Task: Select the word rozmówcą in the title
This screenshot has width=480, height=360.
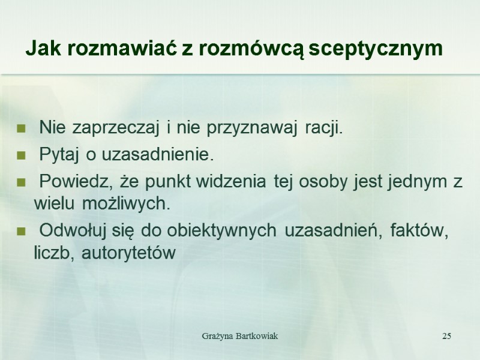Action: pyautogui.click(x=251, y=49)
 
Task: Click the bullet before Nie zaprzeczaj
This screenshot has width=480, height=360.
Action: pyautogui.click(x=22, y=128)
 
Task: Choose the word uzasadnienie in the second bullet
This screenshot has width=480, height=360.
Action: pyautogui.click(x=157, y=156)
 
